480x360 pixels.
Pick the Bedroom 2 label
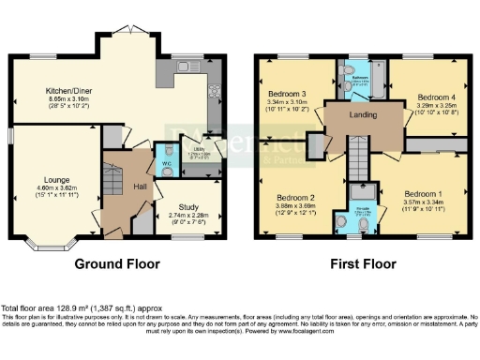pyautogui.click(x=293, y=198)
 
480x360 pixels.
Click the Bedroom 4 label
pyautogui.click(x=436, y=97)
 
